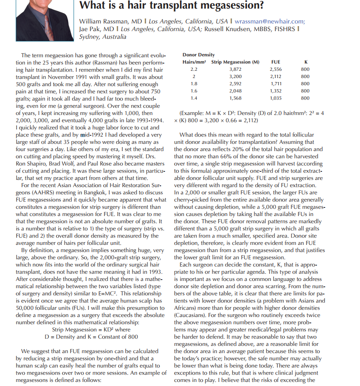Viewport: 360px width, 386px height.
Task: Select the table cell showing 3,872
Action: click(235, 70)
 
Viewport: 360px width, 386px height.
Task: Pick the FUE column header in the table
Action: click(275, 62)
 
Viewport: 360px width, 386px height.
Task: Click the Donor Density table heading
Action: click(198, 55)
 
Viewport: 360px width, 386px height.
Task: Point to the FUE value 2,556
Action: click(275, 70)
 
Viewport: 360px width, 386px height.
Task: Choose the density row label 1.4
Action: click(194, 97)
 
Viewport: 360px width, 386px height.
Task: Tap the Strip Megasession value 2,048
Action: click(235, 91)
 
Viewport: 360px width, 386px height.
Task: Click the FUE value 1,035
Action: click(275, 97)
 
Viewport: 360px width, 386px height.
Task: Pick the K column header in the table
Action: click(305, 62)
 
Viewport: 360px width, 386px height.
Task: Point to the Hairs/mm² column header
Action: click(194, 62)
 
